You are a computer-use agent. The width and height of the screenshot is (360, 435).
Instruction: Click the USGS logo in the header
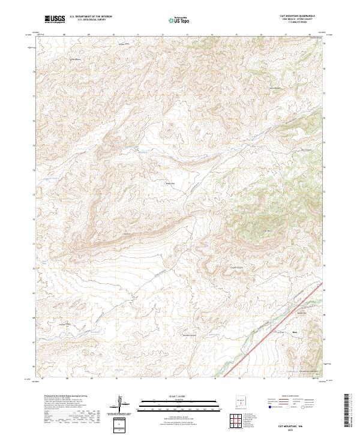tap(55, 20)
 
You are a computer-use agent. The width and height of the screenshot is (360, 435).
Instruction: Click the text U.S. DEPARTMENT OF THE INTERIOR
tap(91, 17)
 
